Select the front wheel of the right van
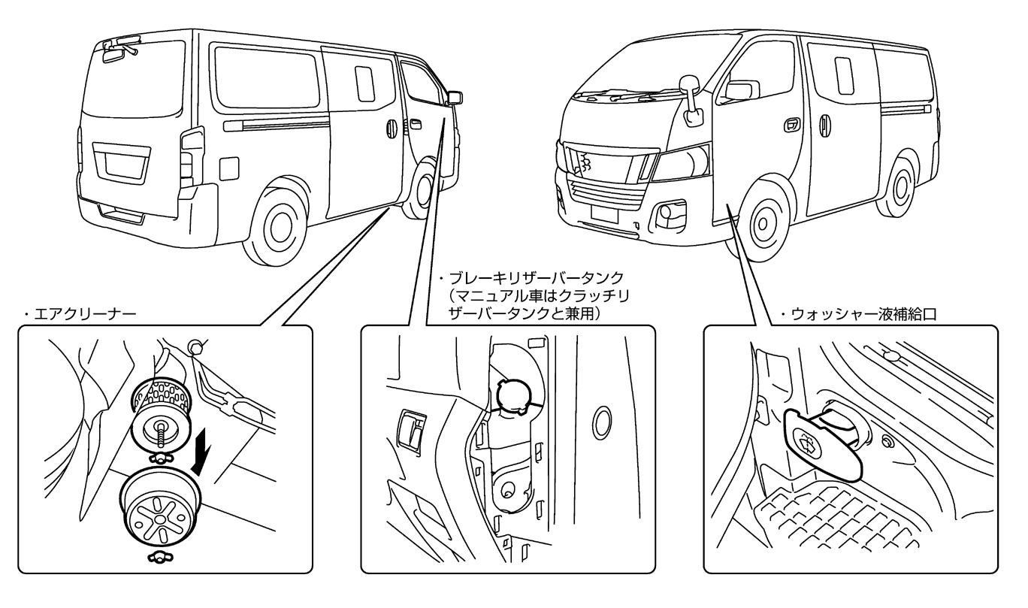[x=765, y=222]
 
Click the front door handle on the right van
[x=791, y=126]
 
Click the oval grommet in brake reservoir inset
[x=600, y=425]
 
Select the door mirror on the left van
[x=455, y=98]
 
